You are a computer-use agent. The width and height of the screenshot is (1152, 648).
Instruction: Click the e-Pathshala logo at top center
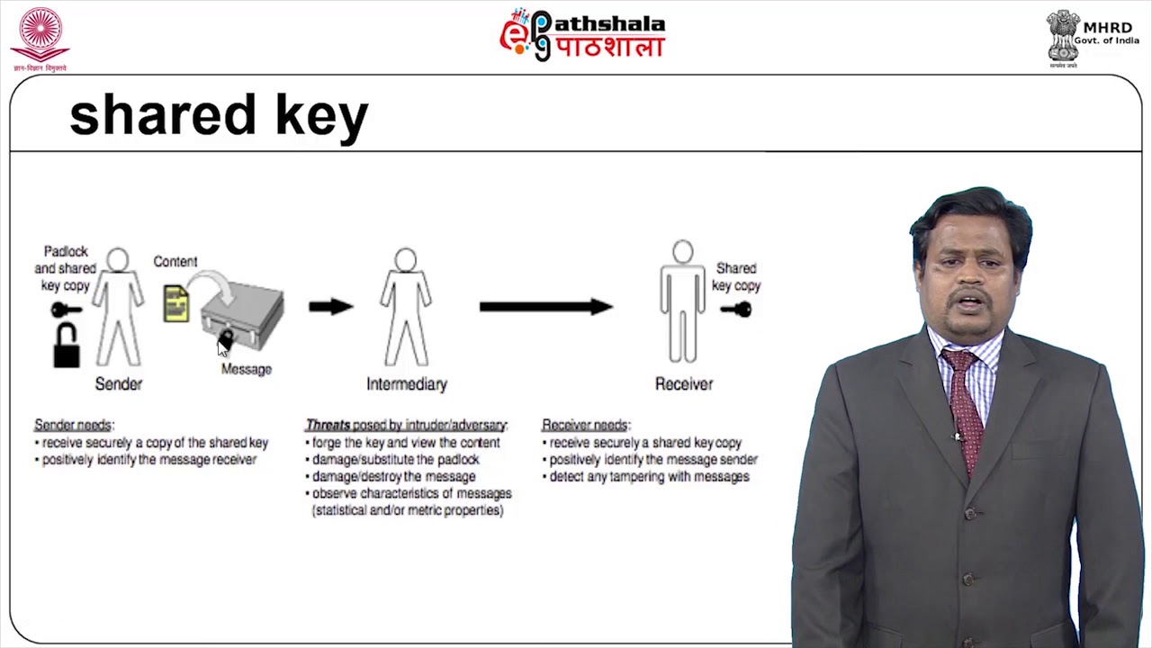coord(582,35)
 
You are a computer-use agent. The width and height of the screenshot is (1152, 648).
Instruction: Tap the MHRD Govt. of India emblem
coord(1063,36)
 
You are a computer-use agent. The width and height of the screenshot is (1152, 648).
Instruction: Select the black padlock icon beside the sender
coord(66,346)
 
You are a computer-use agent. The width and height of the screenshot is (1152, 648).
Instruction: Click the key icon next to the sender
coord(66,310)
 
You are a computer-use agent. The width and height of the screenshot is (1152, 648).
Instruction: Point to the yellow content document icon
coord(176,303)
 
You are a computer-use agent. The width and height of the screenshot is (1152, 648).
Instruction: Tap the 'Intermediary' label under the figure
coord(407,384)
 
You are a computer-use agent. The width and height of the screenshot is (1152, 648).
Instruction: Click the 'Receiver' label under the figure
coord(684,384)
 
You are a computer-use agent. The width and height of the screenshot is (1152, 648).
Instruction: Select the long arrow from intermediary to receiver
coord(545,307)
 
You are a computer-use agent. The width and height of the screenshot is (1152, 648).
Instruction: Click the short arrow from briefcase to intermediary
coord(330,307)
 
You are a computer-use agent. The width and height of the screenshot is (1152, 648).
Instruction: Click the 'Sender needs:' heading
coord(75,425)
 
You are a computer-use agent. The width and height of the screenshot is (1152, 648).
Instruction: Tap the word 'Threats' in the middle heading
coord(328,425)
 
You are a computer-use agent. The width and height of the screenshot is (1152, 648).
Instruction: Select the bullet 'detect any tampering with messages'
coord(649,476)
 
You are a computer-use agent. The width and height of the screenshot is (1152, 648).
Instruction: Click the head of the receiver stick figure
coord(683,252)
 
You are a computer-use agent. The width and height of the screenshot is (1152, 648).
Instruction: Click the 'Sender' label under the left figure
coord(119,384)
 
